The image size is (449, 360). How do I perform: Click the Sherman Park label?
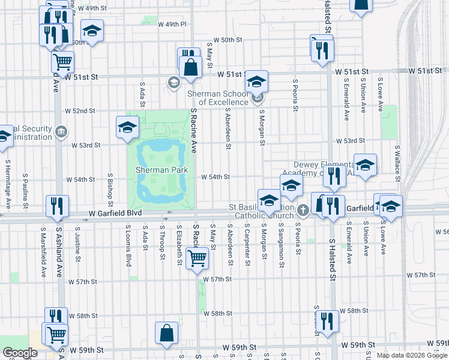(161, 170)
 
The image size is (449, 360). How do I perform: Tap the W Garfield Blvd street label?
(113, 213)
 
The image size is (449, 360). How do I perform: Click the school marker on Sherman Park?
(127, 127)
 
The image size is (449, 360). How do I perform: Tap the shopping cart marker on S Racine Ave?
(197, 259)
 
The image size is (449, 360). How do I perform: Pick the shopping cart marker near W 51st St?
(62, 61)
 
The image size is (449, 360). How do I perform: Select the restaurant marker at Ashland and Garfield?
(57, 206)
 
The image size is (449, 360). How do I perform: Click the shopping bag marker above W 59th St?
(166, 333)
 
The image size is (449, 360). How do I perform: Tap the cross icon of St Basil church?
(303, 209)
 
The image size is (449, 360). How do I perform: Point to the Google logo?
(20, 353)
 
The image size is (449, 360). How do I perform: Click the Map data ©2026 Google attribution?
(412, 355)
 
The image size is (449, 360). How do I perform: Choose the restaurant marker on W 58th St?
(327, 321)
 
